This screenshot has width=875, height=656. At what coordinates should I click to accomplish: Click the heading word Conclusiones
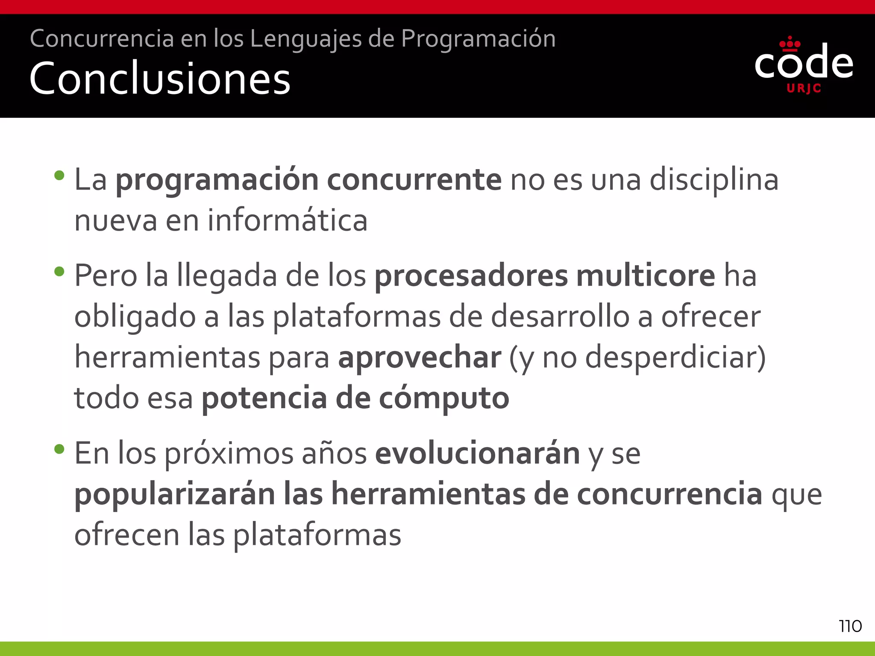pos(160,79)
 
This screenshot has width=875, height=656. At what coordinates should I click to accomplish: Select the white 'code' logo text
pos(804,63)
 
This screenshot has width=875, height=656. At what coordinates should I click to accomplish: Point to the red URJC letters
pos(804,88)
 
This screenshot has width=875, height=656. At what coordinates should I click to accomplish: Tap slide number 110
pos(850,626)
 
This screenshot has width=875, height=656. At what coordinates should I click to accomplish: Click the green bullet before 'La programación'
pos(59,176)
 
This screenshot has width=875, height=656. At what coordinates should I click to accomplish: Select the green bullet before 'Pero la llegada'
pos(59,272)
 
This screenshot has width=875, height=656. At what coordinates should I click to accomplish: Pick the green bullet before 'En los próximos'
pos(59,449)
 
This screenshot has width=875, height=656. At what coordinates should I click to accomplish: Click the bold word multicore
pos(645,276)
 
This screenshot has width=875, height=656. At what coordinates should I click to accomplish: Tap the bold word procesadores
pos(471,276)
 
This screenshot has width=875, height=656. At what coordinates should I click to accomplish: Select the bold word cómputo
pos(444,398)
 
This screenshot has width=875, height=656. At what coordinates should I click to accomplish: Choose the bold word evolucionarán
pos(477,453)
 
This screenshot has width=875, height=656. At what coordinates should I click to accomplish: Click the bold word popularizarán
pos(175,494)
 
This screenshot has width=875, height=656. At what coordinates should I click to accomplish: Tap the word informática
pos(288,220)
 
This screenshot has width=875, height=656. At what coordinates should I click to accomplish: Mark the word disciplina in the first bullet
pos(714,179)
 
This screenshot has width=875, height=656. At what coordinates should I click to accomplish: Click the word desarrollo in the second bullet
pos(560,316)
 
